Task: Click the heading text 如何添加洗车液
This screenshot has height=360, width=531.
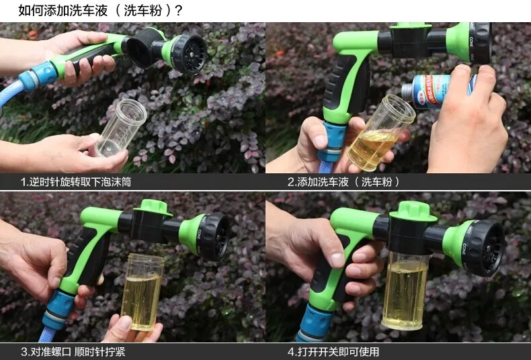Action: point(63,11)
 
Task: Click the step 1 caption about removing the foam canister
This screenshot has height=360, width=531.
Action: point(76,182)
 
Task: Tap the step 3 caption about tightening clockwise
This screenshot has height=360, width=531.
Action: point(73,352)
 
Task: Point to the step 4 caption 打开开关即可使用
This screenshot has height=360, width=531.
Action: point(333,352)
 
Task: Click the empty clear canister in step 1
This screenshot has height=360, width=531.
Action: point(121,128)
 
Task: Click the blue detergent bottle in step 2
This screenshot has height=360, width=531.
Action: point(439,91)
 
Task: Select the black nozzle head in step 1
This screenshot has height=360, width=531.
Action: point(189,54)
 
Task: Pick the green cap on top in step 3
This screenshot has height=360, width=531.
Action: point(154,207)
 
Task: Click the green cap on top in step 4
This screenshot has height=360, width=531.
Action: point(413,211)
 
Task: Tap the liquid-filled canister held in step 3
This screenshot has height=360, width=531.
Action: point(142,291)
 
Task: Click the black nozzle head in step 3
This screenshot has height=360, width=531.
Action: point(214,237)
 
